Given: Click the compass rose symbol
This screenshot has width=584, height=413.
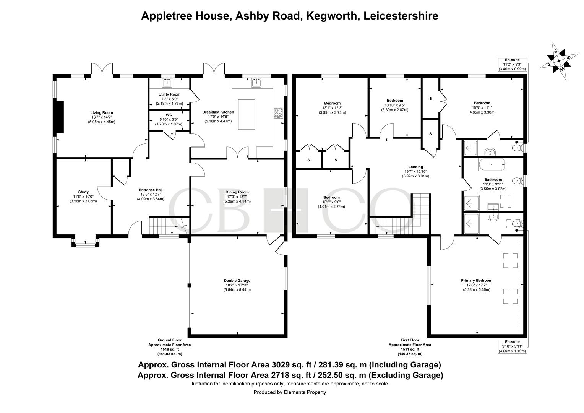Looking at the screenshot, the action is coord(559,61).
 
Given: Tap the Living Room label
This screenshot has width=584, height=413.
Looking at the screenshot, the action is coord(102,113).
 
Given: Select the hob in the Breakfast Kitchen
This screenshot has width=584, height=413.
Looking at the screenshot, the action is coord(278,113).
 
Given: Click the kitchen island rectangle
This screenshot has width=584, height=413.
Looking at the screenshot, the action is coord(247,115).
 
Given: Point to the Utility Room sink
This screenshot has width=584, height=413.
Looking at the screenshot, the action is coord(167,82).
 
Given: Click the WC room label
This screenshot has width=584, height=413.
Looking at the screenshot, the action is coord(169,115).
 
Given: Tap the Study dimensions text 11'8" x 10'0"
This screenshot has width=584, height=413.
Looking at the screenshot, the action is coord(83,197).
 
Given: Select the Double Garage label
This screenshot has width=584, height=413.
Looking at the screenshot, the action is coord(237,281).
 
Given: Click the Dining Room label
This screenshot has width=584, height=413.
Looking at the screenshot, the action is coord(237,192).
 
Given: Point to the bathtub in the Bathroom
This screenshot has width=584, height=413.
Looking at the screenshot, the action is coord(492,164).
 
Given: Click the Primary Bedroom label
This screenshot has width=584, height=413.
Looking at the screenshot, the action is coord(477,280).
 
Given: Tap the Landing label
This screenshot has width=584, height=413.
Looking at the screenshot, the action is coord(415,167).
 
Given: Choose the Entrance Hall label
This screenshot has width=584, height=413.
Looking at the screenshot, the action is coord(151,190).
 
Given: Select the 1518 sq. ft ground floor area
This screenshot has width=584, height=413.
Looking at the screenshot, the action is coord(170,350).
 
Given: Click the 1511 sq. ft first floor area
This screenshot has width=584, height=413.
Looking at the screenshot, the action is coord(410,350).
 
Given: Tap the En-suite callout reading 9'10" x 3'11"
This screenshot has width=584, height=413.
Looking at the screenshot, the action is coord(512,346).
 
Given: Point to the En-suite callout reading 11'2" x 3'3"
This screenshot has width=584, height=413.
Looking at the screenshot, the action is coord(512,65).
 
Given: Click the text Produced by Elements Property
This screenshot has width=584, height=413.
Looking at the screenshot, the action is coord(290,392).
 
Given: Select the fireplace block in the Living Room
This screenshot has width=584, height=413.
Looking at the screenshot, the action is coord(58,117).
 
